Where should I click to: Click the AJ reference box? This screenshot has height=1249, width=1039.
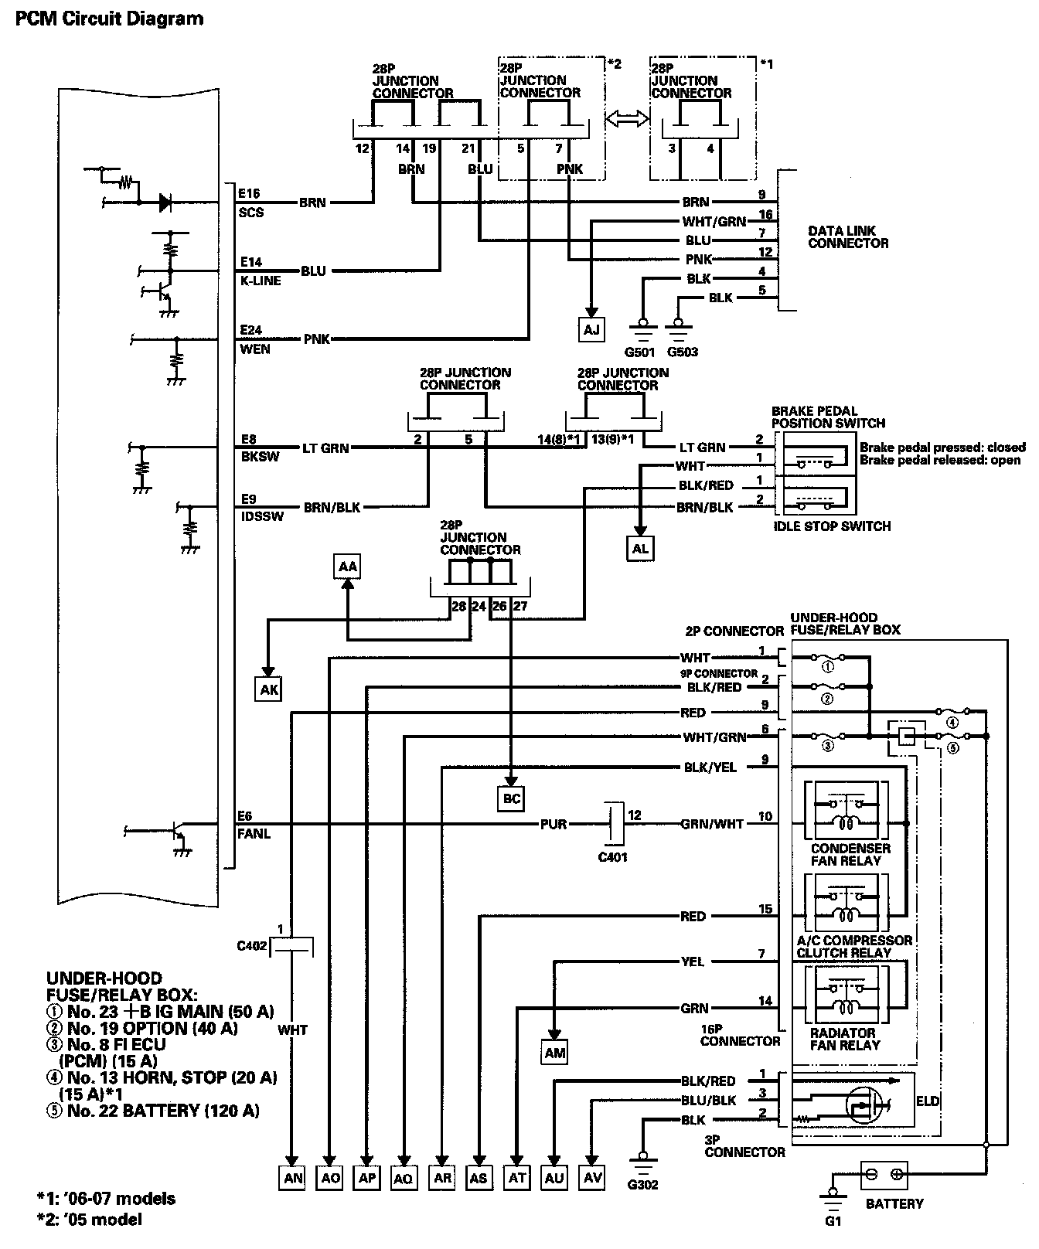(591, 330)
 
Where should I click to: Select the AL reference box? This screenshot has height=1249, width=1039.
(640, 548)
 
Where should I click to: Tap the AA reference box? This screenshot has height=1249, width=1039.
(348, 567)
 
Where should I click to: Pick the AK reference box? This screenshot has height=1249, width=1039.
(269, 689)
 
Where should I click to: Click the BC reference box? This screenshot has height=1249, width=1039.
(512, 798)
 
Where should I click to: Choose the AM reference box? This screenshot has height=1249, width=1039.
(555, 1052)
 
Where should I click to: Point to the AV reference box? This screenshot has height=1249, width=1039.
(592, 1178)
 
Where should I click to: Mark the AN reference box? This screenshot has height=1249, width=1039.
(294, 1178)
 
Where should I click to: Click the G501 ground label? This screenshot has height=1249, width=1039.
(640, 352)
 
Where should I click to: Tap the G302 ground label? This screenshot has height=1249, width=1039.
(643, 1184)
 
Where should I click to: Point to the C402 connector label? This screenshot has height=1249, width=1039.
(253, 944)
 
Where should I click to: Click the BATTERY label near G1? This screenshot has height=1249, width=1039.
(894, 1203)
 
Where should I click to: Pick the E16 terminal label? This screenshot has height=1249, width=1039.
(250, 193)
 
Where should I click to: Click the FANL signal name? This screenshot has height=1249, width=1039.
(254, 834)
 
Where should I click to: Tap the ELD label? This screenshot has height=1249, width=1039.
(928, 1101)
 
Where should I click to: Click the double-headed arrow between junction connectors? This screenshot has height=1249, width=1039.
(627, 117)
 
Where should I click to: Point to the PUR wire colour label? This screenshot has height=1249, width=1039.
(554, 824)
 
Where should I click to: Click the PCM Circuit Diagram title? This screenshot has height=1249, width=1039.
(109, 18)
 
